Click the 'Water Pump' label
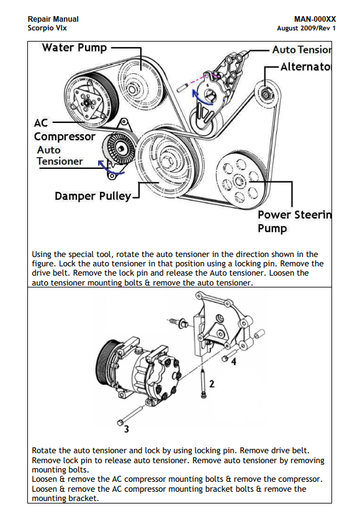tap(74, 48)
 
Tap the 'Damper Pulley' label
tap(93, 196)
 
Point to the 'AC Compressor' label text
tap(65, 130)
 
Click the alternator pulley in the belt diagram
tap(266, 94)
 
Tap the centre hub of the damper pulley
tap(169, 160)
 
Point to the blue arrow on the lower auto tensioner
tap(110, 168)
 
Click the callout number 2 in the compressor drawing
tap(212, 384)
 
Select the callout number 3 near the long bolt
tap(127, 429)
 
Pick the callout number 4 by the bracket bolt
tap(234, 361)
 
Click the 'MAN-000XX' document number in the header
tap(315, 19)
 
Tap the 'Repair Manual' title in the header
tap(53, 19)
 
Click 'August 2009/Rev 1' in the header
tap(306, 28)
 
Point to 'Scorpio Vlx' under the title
tap(47, 28)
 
